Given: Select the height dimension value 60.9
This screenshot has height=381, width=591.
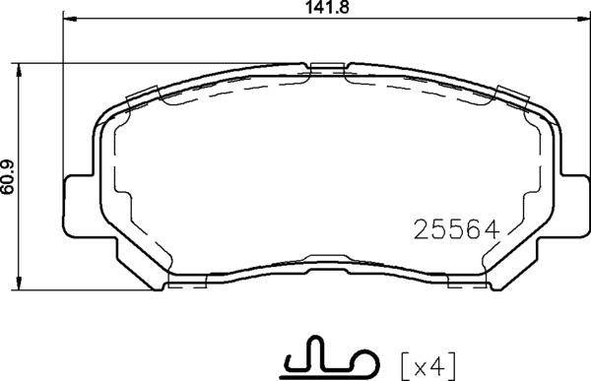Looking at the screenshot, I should tap(9, 177).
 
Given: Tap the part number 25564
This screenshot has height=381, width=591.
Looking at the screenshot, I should tap(454, 229).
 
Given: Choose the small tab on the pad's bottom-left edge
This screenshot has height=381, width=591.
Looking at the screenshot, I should tap(183, 282).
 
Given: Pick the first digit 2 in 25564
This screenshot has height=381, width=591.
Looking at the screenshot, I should tap(418, 229).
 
